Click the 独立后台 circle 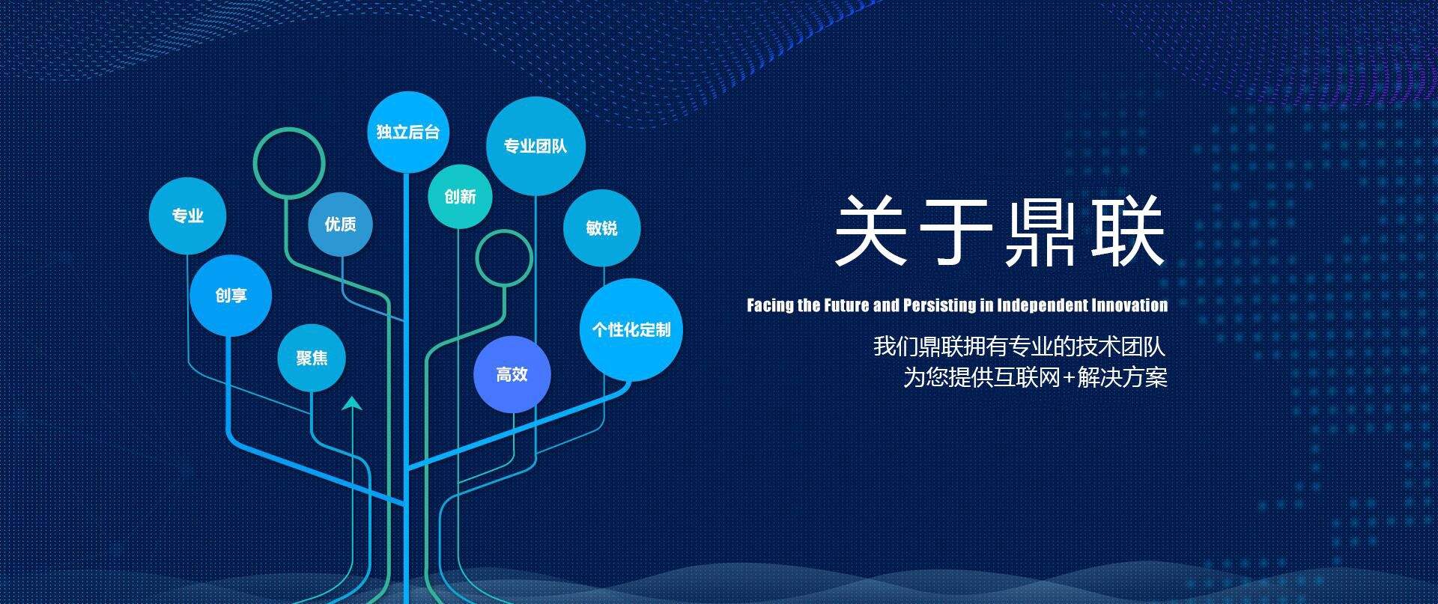click(407, 132)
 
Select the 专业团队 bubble click(536, 146)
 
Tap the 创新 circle click(460, 196)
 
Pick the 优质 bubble click(340, 224)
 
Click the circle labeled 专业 click(187, 216)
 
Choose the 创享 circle click(231, 296)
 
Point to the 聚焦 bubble click(312, 358)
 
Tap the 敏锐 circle click(601, 228)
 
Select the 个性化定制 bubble click(631, 329)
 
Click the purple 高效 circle click(512, 374)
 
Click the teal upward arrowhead click(352, 403)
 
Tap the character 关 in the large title click(871, 230)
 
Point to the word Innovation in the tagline click(1129, 305)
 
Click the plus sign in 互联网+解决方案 click(1070, 378)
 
